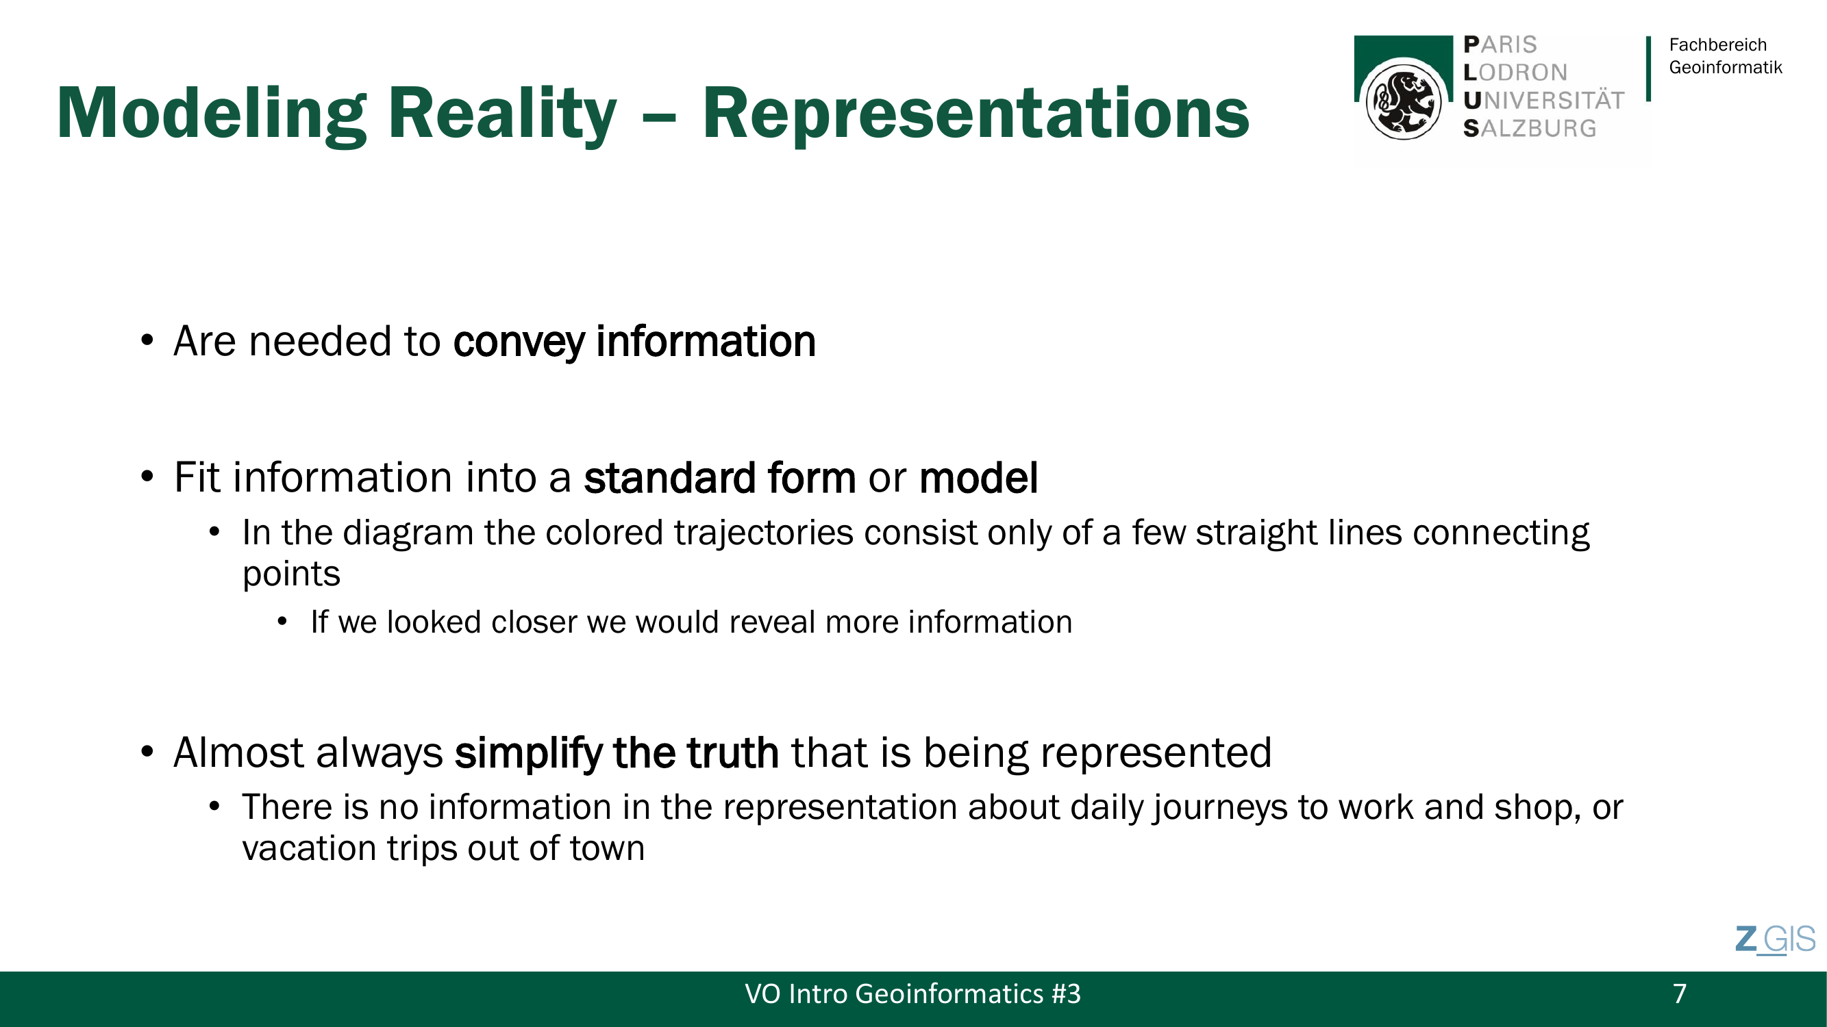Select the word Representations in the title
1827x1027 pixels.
pos(975,114)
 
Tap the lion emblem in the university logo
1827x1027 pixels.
pos(1403,101)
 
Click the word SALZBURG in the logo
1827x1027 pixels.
pos(1530,128)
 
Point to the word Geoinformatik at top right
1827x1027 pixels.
pos(1725,67)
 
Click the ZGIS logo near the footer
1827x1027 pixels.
pos(1775,940)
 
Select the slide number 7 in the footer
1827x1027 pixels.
pos(1679,993)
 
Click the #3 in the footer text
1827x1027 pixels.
pos(1066,993)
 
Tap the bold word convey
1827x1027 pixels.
pos(519,342)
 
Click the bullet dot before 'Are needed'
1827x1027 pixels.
pos(147,340)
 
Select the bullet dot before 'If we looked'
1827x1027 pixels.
pos(282,622)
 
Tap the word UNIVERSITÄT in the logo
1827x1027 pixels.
pos(1543,100)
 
